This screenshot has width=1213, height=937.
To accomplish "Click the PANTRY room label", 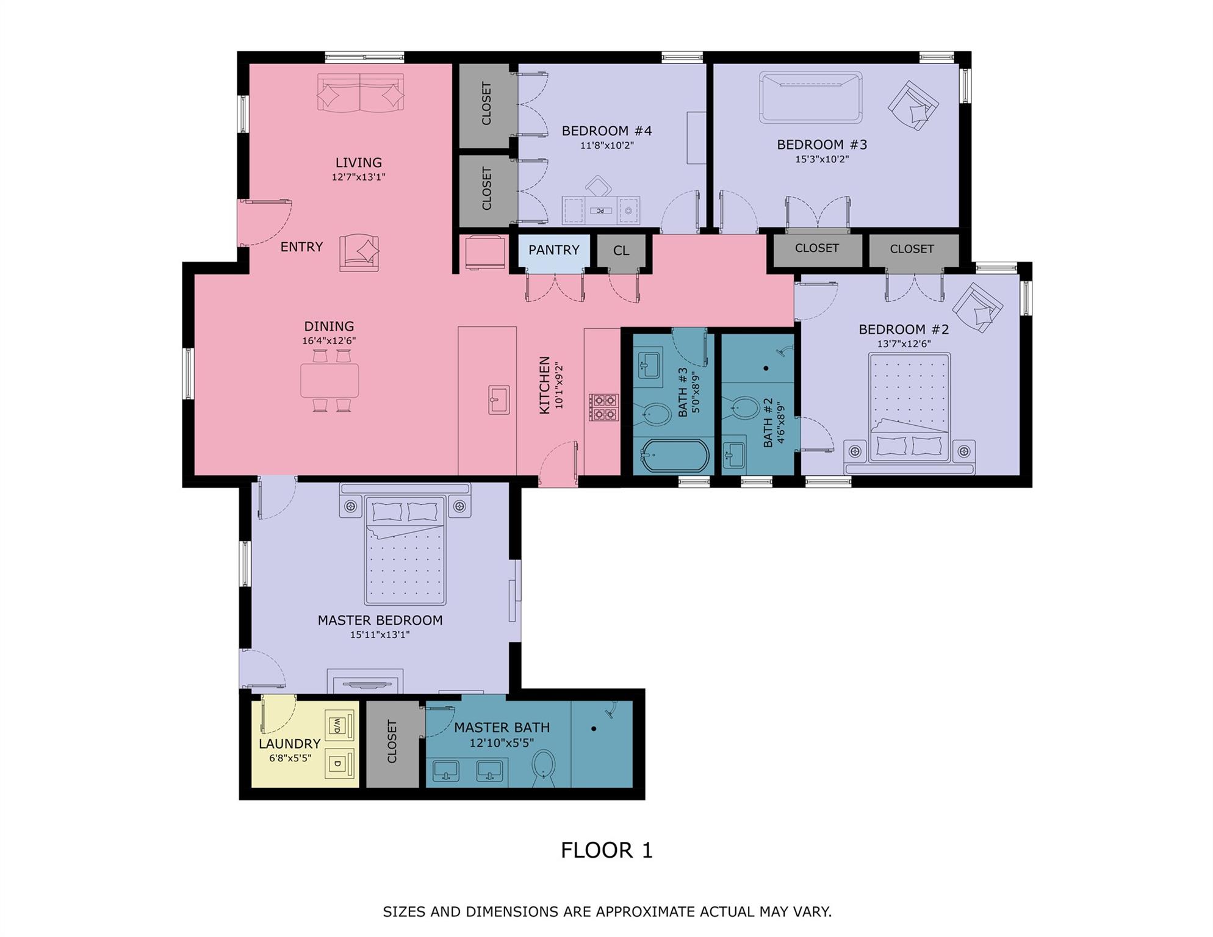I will coord(553,250).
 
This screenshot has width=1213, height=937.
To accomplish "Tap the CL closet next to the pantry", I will coord(621,251).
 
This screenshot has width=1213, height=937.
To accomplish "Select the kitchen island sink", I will coord(499,400).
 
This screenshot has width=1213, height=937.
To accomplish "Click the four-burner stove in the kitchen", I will coord(603,407).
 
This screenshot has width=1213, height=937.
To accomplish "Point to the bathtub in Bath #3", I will coord(674,456).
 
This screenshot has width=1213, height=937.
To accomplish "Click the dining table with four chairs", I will coord(329,381).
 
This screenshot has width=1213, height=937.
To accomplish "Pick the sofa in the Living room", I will coord(360,93).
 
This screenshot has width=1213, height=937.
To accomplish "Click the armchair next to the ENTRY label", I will coord(359,253).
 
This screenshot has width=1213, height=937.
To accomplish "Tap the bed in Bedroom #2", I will coord(909,415).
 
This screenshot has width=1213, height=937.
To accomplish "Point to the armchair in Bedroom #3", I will coord(913,106).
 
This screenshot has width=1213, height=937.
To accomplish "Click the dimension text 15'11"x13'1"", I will coord(380,634).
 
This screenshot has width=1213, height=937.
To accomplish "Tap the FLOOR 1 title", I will coord(606,850).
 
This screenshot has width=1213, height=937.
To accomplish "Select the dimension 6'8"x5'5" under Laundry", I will coord(290,758).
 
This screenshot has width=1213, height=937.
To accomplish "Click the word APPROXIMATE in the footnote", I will coord(646,911).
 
